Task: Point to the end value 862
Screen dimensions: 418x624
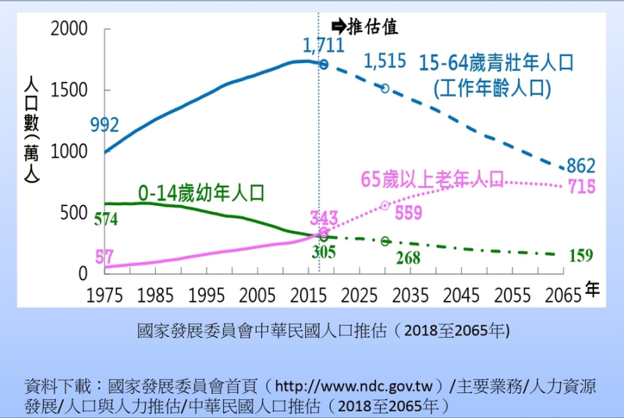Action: point(580,165)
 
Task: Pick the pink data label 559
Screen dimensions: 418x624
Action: point(408,212)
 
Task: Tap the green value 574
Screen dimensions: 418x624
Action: point(105,220)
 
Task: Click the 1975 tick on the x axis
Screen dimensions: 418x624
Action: point(104,296)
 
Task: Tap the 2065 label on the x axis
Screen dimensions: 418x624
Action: point(564,296)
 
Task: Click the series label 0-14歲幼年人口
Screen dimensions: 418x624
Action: point(201,192)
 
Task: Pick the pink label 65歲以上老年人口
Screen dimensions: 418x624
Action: point(431,179)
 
